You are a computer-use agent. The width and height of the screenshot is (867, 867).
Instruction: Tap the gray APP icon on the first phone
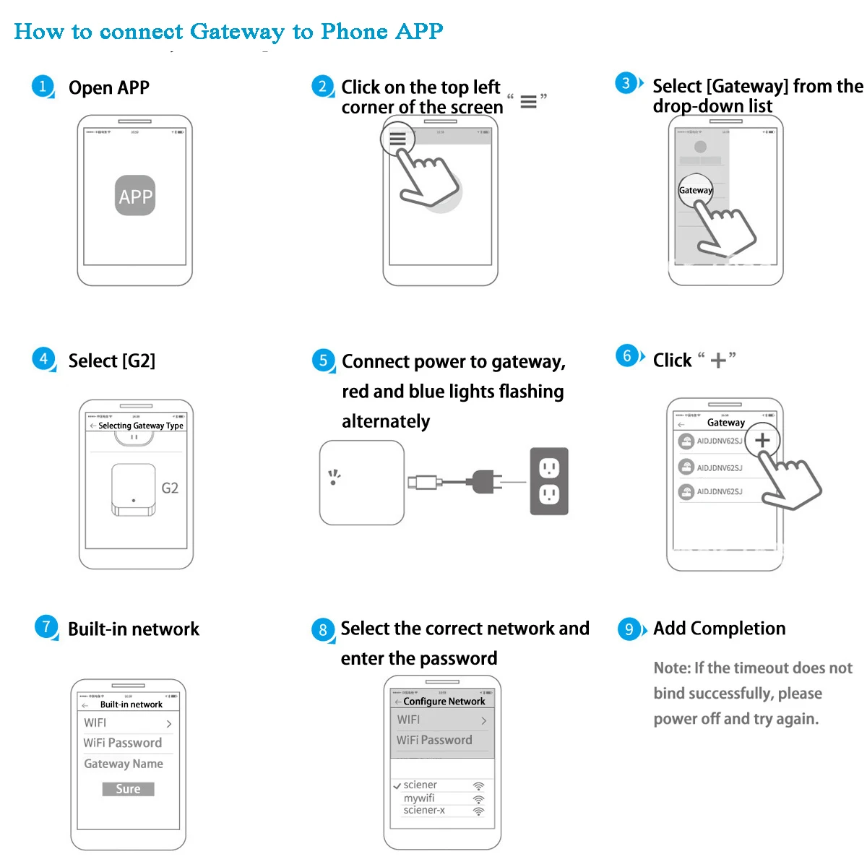pyautogui.click(x=135, y=196)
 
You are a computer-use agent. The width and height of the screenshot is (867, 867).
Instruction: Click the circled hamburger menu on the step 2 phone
pyautogui.click(x=398, y=139)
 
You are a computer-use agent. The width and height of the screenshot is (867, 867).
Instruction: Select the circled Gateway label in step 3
pyautogui.click(x=695, y=190)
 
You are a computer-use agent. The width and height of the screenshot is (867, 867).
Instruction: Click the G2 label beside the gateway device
pyautogui.click(x=170, y=488)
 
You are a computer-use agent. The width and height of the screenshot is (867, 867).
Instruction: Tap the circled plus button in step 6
pyautogui.click(x=762, y=440)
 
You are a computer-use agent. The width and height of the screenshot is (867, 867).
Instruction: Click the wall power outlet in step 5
pyautogui.click(x=549, y=481)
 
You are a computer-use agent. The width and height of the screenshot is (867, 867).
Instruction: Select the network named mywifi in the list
pyautogui.click(x=419, y=798)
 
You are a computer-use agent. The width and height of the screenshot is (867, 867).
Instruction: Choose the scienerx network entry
pyautogui.click(x=424, y=811)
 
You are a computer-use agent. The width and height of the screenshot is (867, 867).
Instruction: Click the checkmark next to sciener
pyautogui.click(x=397, y=786)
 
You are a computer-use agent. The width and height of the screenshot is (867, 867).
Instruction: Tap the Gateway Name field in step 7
pyautogui.click(x=124, y=764)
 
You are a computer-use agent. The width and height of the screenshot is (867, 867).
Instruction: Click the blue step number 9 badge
pyautogui.click(x=629, y=629)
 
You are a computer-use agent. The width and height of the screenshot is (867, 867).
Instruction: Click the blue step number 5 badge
pyautogui.click(x=323, y=361)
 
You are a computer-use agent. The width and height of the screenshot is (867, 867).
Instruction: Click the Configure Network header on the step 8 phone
pyautogui.click(x=444, y=702)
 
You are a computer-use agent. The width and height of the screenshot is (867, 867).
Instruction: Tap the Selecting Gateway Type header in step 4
pyautogui.click(x=140, y=426)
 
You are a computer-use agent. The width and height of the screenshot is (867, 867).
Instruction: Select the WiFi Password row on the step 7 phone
pyautogui.click(x=123, y=743)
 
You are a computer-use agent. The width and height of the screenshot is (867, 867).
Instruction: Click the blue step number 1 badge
pyautogui.click(x=43, y=87)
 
